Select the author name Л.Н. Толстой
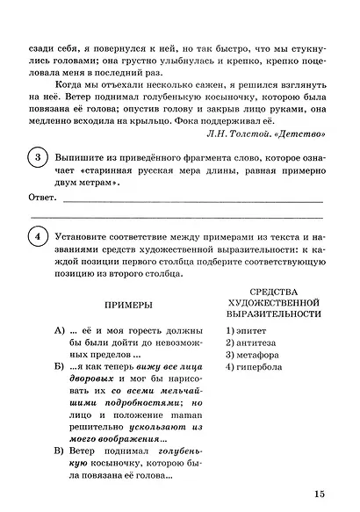(237, 134)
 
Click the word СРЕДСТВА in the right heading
(275, 290)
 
